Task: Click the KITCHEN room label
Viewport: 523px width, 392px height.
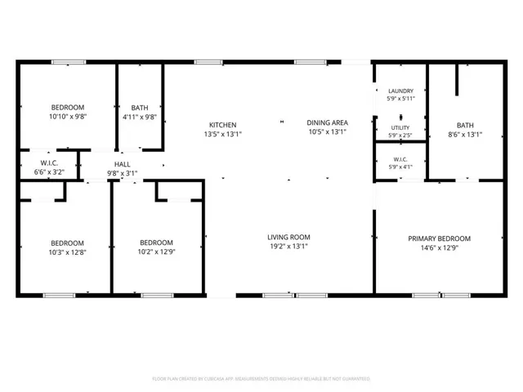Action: (223, 125)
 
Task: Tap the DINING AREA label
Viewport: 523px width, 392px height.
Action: (327, 122)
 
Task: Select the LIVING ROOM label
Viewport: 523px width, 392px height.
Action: (288, 238)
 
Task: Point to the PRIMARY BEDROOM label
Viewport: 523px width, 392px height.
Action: (440, 238)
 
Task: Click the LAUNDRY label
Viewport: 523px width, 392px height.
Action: (401, 91)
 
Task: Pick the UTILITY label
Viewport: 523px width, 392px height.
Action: (400, 127)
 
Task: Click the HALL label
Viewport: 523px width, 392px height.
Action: (122, 164)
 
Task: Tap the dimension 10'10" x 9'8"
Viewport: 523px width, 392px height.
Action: (68, 117)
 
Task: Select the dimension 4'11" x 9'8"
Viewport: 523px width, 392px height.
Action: (140, 117)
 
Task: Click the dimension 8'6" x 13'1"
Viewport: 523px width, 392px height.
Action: (465, 135)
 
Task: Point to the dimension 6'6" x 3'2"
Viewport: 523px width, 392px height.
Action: (49, 172)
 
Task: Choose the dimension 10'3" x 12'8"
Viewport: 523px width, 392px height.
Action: (67, 252)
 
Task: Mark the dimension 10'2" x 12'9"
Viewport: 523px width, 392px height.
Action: (156, 252)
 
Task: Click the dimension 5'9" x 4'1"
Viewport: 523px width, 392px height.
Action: (400, 167)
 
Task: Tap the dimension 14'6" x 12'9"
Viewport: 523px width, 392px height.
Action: (440, 247)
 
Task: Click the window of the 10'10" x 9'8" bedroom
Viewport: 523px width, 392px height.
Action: (69, 62)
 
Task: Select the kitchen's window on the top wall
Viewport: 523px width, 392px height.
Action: (208, 62)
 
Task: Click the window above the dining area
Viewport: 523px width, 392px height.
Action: (311, 62)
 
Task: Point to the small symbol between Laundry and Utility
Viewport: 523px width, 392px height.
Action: (401, 118)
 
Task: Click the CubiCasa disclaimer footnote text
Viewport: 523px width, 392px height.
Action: (261, 379)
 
